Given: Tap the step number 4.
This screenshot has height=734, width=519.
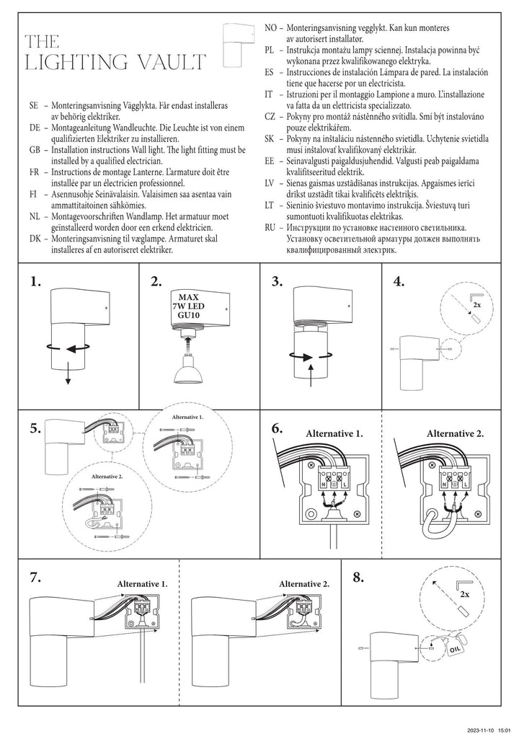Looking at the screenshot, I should tap(399, 282).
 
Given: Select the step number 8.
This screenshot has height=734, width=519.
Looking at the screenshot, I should tap(359, 577).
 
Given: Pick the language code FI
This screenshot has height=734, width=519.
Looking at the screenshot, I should tap(34, 194).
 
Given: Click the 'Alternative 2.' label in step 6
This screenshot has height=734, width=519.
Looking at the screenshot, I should tap(455, 433).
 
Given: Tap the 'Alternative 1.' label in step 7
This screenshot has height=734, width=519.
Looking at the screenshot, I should tap(142, 583).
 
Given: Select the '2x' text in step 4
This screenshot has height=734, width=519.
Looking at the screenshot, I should tap(476, 306).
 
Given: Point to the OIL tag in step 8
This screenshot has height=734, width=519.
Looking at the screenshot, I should tap(454, 648).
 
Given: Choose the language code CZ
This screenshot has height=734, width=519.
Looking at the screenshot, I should tap(270, 117).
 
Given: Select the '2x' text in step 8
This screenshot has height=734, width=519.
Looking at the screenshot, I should tap(464, 596).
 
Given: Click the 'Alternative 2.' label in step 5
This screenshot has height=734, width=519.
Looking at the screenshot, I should tap(107, 477).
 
